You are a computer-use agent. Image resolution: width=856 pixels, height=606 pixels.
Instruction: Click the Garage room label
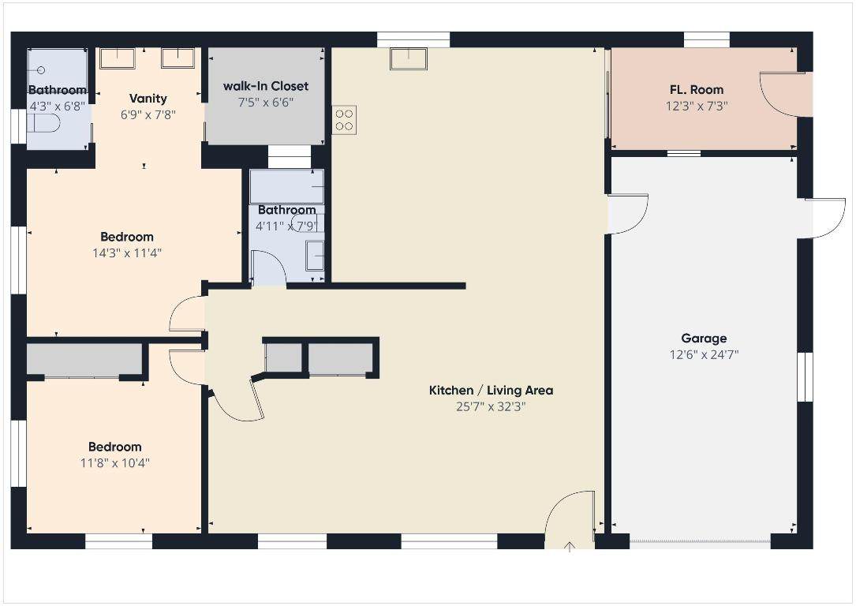tap(704, 338)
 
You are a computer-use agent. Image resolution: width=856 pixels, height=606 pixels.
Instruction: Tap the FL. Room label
tap(697, 89)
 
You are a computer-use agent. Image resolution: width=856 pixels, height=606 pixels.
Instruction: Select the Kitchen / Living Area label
tap(491, 391)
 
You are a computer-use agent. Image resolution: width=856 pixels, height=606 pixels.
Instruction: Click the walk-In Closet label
tap(266, 86)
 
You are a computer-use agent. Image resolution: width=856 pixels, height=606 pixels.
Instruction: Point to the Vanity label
tap(148, 99)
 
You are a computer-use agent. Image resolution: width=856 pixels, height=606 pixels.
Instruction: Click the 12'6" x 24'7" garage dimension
tap(705, 355)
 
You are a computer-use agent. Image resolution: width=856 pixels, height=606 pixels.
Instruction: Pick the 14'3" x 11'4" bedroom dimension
tap(127, 253)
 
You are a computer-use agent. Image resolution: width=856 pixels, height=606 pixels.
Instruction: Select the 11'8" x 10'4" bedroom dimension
tap(115, 463)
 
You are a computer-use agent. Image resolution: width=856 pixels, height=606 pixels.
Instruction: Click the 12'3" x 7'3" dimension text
tap(697, 106)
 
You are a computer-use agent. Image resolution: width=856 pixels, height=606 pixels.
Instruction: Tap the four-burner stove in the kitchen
tap(344, 120)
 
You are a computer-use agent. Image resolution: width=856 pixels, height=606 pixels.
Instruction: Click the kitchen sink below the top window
tap(409, 59)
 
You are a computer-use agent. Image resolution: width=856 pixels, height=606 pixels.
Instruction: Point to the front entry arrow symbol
tap(570, 547)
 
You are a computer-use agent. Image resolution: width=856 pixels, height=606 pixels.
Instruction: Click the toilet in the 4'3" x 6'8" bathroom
tap(43, 124)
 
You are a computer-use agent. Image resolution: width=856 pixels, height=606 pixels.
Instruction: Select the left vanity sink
tap(118, 58)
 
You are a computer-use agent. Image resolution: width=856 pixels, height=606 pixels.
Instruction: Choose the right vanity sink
tap(178, 58)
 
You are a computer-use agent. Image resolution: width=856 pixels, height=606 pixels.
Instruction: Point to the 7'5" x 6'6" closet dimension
tap(266, 102)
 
